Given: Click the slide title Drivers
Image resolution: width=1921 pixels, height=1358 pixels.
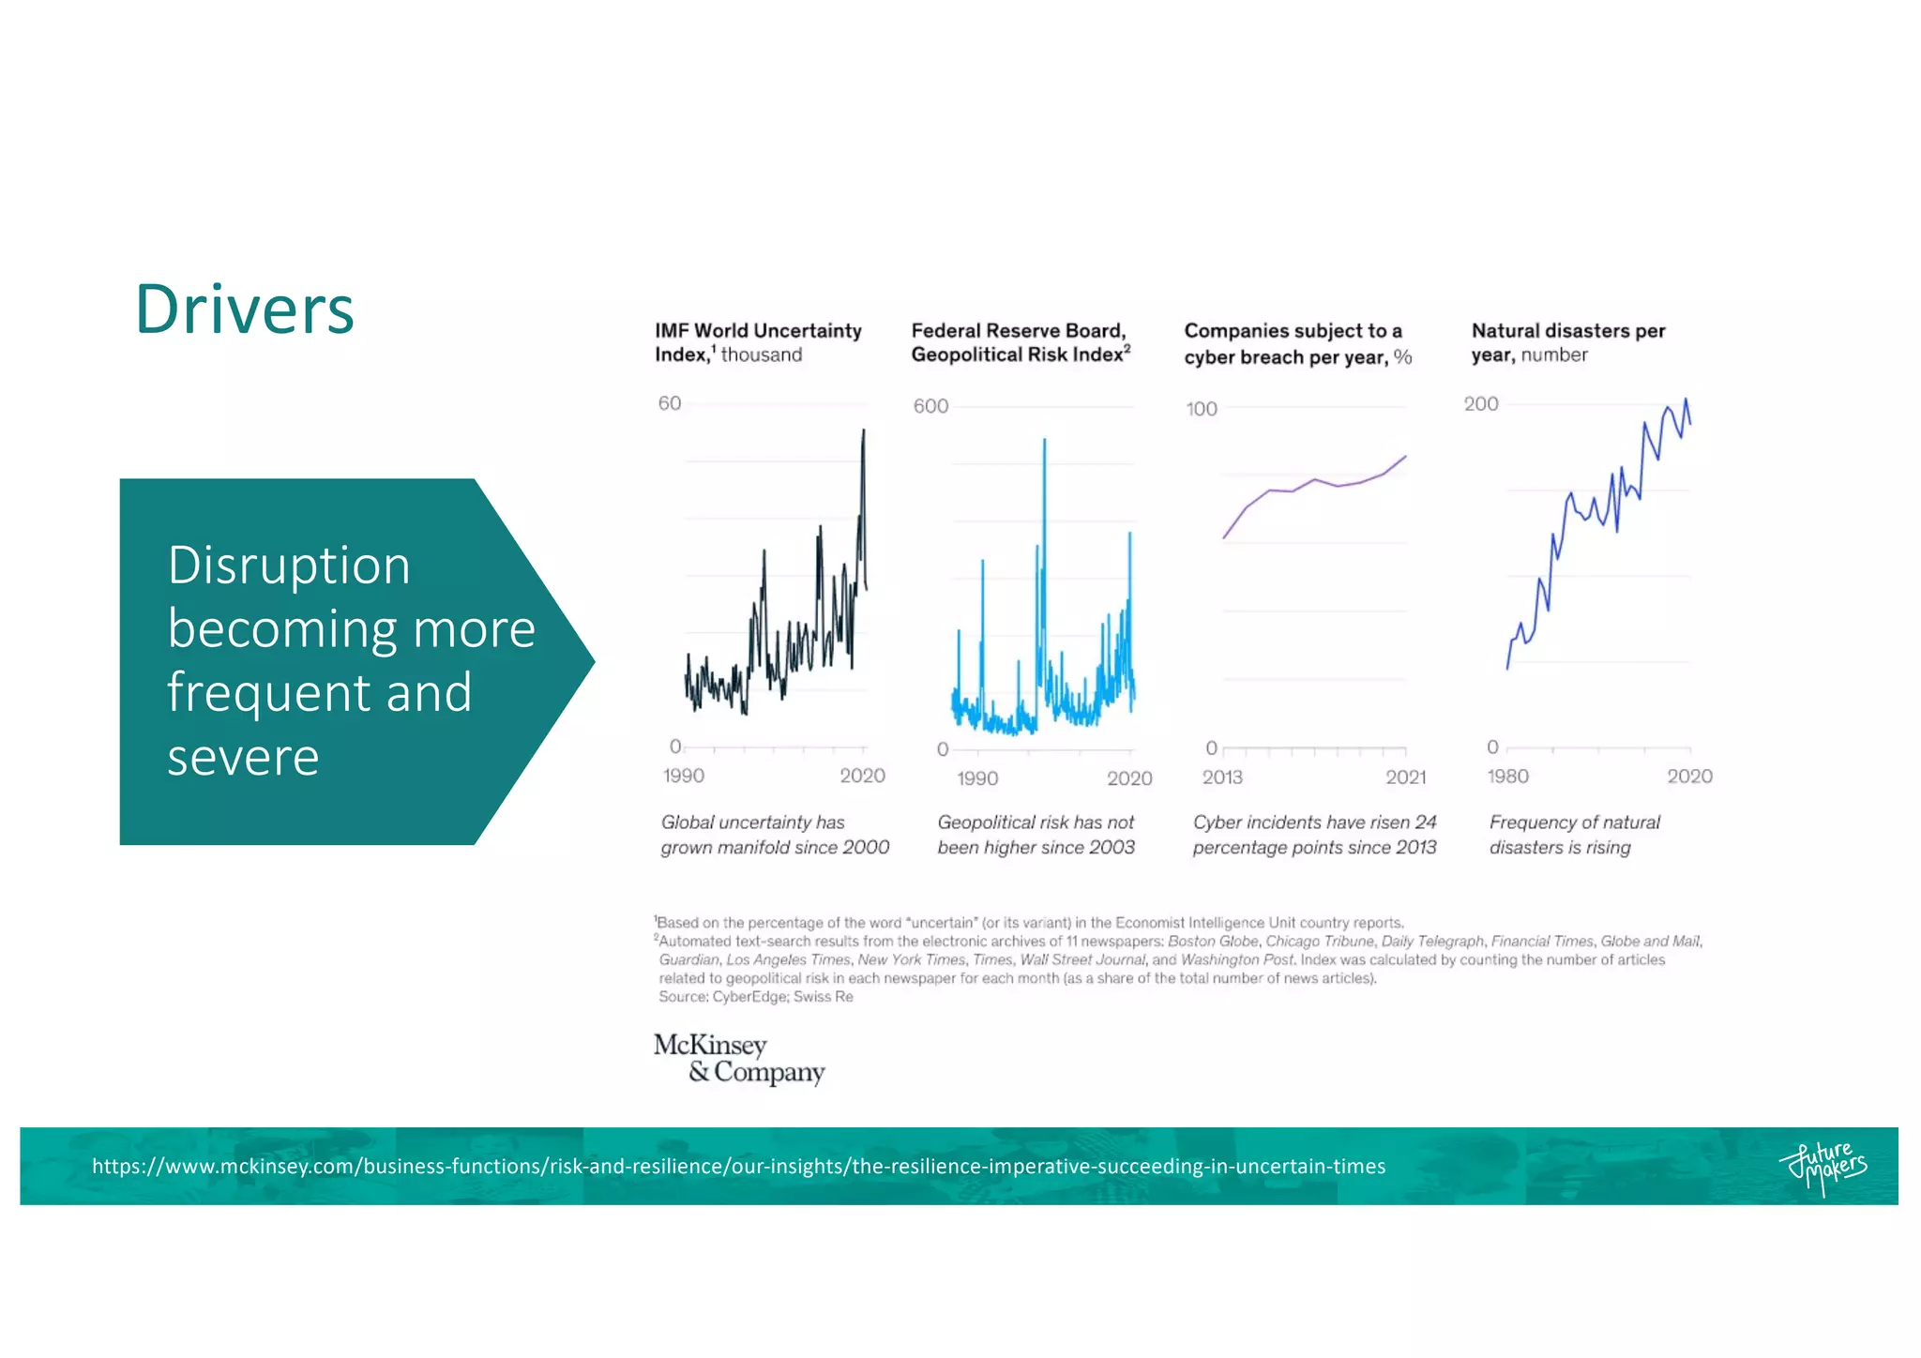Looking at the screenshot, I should [x=245, y=309].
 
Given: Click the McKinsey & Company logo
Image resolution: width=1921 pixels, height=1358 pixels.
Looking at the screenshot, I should [x=738, y=1058].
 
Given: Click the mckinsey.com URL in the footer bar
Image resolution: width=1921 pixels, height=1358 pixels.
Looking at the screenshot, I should [x=738, y=1167].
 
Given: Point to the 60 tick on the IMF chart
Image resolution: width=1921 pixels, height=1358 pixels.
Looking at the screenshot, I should [x=669, y=403].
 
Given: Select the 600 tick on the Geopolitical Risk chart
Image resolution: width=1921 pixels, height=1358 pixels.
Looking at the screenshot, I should [x=930, y=406].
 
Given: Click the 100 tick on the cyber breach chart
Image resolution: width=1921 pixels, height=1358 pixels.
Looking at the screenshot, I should [x=1201, y=409].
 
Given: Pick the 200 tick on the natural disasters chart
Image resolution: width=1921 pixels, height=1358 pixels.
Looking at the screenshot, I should [x=1481, y=404].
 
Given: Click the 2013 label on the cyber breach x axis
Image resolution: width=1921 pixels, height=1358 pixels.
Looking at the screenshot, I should [x=1222, y=777].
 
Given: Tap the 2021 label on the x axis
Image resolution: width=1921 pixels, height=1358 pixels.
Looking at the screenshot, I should [x=1405, y=777].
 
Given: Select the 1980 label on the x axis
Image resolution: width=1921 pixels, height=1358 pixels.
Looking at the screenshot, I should [x=1507, y=777].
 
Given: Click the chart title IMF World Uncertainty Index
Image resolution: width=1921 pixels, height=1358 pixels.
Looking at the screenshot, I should [x=758, y=342].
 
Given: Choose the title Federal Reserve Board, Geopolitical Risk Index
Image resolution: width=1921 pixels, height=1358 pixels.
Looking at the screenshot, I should [x=1021, y=342].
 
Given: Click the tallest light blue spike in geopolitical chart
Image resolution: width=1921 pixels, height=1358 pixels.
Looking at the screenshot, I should [x=1044, y=441].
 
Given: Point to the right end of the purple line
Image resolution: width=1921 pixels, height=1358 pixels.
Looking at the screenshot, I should [x=1405, y=457].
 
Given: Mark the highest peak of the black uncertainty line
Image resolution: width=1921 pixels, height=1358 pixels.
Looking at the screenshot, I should [x=864, y=430].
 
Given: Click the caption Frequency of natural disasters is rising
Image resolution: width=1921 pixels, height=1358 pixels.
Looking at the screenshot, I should [x=1574, y=835].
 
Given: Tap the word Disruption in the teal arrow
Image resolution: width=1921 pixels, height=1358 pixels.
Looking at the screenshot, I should [x=289, y=566].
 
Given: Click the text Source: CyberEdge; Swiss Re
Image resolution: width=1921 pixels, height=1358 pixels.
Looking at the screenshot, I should [x=755, y=997].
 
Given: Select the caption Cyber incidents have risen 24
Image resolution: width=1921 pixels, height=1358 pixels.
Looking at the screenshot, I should [x=1314, y=822].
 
